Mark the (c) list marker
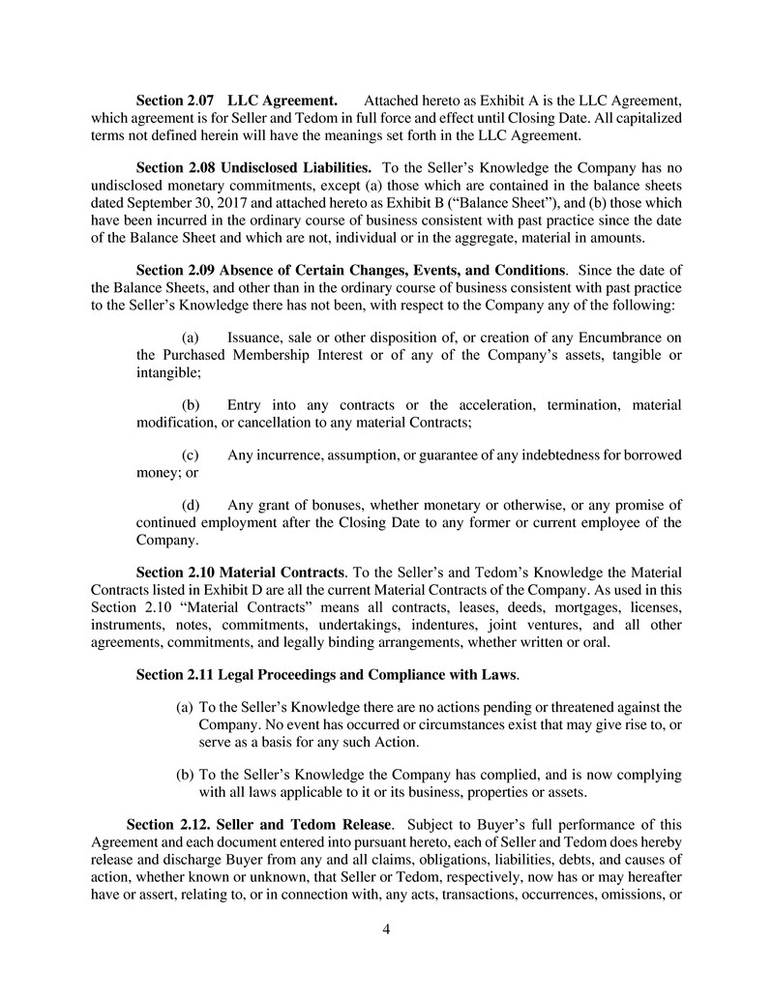pyautogui.click(x=191, y=455)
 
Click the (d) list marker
pyautogui.click(x=191, y=505)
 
